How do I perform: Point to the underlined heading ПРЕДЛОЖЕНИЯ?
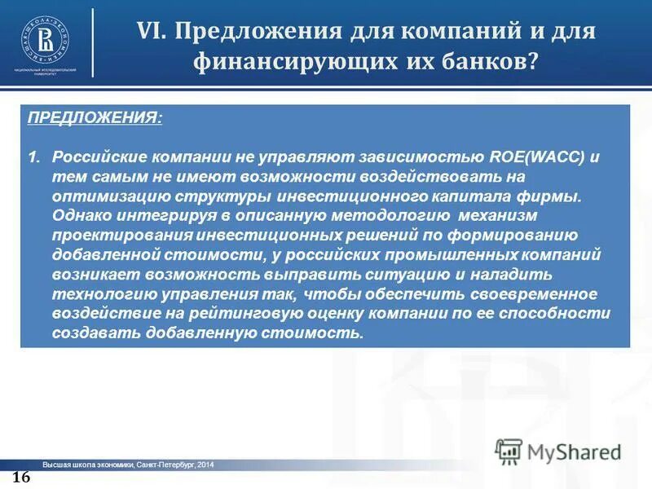coord(95,118)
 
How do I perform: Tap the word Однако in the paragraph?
coord(79,216)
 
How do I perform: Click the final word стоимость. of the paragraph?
coord(316,333)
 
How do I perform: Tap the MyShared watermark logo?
coord(558,451)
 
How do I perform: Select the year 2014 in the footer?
coord(205,465)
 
